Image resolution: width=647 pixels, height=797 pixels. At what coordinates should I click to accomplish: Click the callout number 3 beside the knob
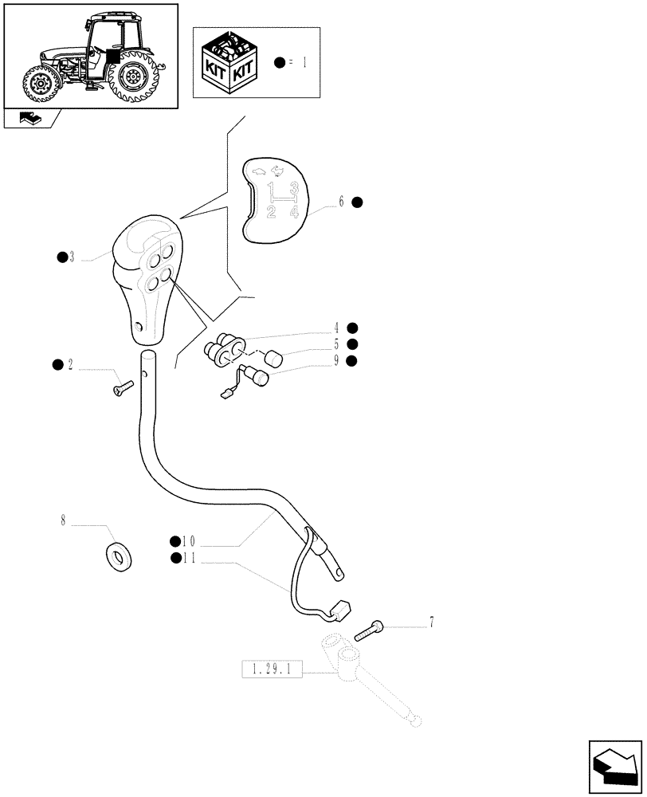[72, 257]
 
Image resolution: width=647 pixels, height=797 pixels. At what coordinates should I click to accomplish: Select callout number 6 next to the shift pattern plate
[341, 202]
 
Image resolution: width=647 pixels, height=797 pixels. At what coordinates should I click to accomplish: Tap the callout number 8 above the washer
[63, 524]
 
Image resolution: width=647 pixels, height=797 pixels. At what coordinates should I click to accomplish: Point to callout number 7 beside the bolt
[432, 622]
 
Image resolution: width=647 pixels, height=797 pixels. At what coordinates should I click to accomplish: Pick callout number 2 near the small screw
[70, 365]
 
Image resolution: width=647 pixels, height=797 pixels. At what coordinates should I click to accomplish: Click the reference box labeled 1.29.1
[271, 672]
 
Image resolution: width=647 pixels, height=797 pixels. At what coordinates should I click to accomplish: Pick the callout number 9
[337, 361]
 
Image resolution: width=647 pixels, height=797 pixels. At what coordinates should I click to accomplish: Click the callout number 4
[337, 328]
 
